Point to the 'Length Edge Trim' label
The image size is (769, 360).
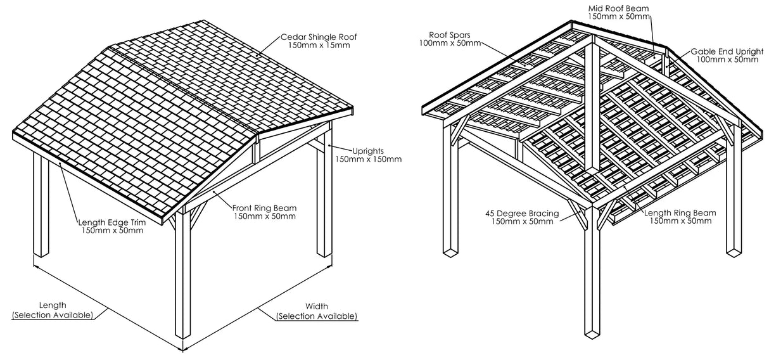coord(111,222)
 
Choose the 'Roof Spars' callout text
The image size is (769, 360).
coord(449,34)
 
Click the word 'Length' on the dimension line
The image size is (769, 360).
coord(53,305)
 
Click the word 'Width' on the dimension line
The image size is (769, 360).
coord(316,307)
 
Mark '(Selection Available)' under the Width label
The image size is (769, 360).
coord(316,316)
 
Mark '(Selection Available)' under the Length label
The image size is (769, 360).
coord(53,315)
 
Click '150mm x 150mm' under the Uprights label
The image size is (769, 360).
coord(368,159)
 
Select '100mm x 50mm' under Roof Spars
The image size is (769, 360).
coord(449,42)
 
